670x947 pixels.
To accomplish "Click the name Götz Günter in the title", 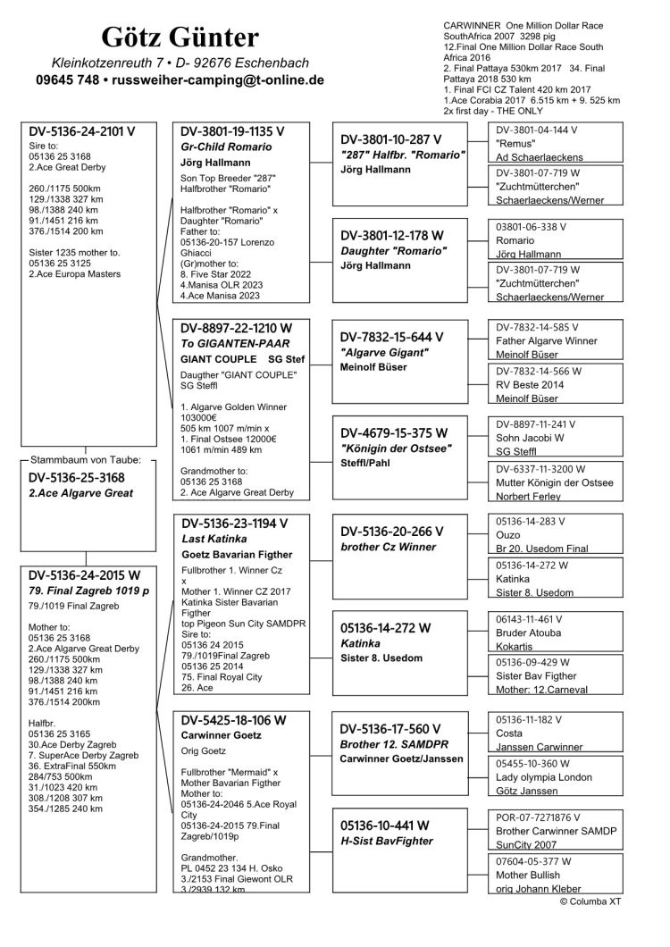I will tap(180, 37).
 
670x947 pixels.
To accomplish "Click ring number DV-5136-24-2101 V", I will tap(82, 131).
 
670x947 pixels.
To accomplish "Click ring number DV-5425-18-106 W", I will tap(233, 719).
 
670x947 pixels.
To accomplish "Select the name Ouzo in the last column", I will tap(508, 534).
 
